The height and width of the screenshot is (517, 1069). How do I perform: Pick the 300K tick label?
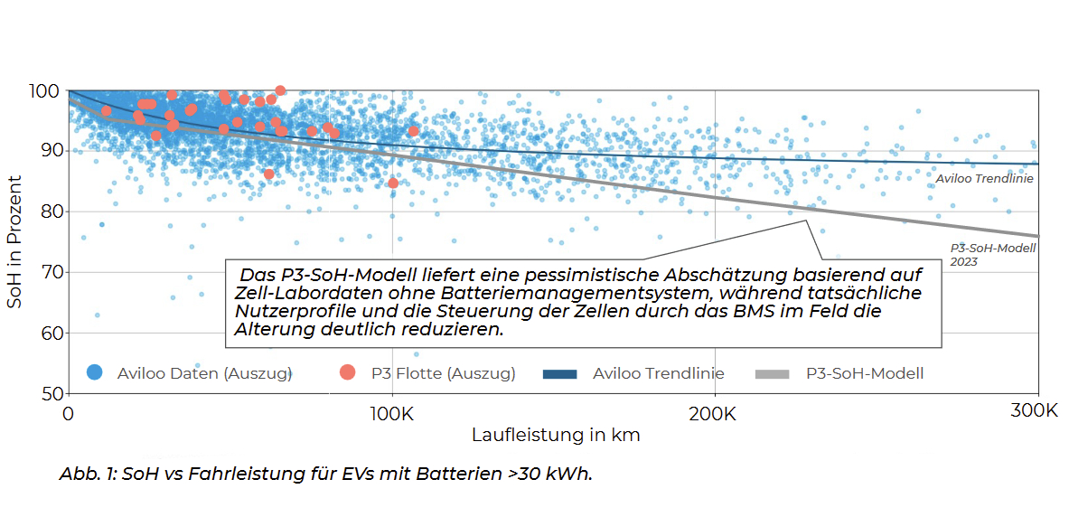point(1034,411)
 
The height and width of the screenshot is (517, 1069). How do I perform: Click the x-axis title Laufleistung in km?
point(556,435)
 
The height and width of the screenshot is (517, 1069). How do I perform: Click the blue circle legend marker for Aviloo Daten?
point(95,372)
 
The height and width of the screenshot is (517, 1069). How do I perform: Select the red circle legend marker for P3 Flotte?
point(348,372)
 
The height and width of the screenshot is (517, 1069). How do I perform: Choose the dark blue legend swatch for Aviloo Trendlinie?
point(559,373)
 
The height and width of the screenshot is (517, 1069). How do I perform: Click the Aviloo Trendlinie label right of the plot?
point(984,179)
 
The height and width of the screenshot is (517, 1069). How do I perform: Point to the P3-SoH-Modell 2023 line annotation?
point(992,254)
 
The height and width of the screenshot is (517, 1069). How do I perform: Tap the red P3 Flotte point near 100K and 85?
point(393,183)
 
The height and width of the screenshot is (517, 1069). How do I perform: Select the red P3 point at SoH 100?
point(280,90)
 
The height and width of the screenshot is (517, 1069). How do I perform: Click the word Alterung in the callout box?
point(268,330)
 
